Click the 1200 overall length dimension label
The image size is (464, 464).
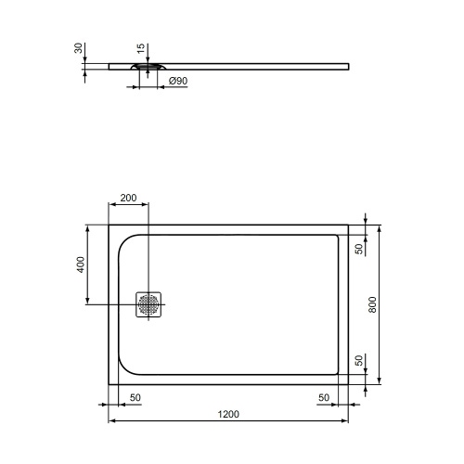(228, 413)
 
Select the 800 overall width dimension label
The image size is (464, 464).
(372, 304)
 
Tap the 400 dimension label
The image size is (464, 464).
(81, 264)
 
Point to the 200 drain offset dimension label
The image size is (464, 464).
(129, 198)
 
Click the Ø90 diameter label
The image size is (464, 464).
(179, 82)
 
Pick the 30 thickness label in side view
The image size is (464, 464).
(81, 48)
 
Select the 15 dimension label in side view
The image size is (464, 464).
(140, 48)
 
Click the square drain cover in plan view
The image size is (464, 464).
(148, 304)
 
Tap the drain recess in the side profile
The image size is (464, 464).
(148, 68)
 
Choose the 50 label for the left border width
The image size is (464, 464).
(135, 397)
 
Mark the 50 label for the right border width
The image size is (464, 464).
(324, 397)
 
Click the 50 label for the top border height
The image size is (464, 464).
(358, 249)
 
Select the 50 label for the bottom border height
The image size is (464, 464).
(358, 360)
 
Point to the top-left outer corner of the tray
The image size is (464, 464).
(110, 224)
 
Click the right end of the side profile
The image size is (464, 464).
(349, 65)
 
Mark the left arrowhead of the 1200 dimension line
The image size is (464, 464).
(113, 421)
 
